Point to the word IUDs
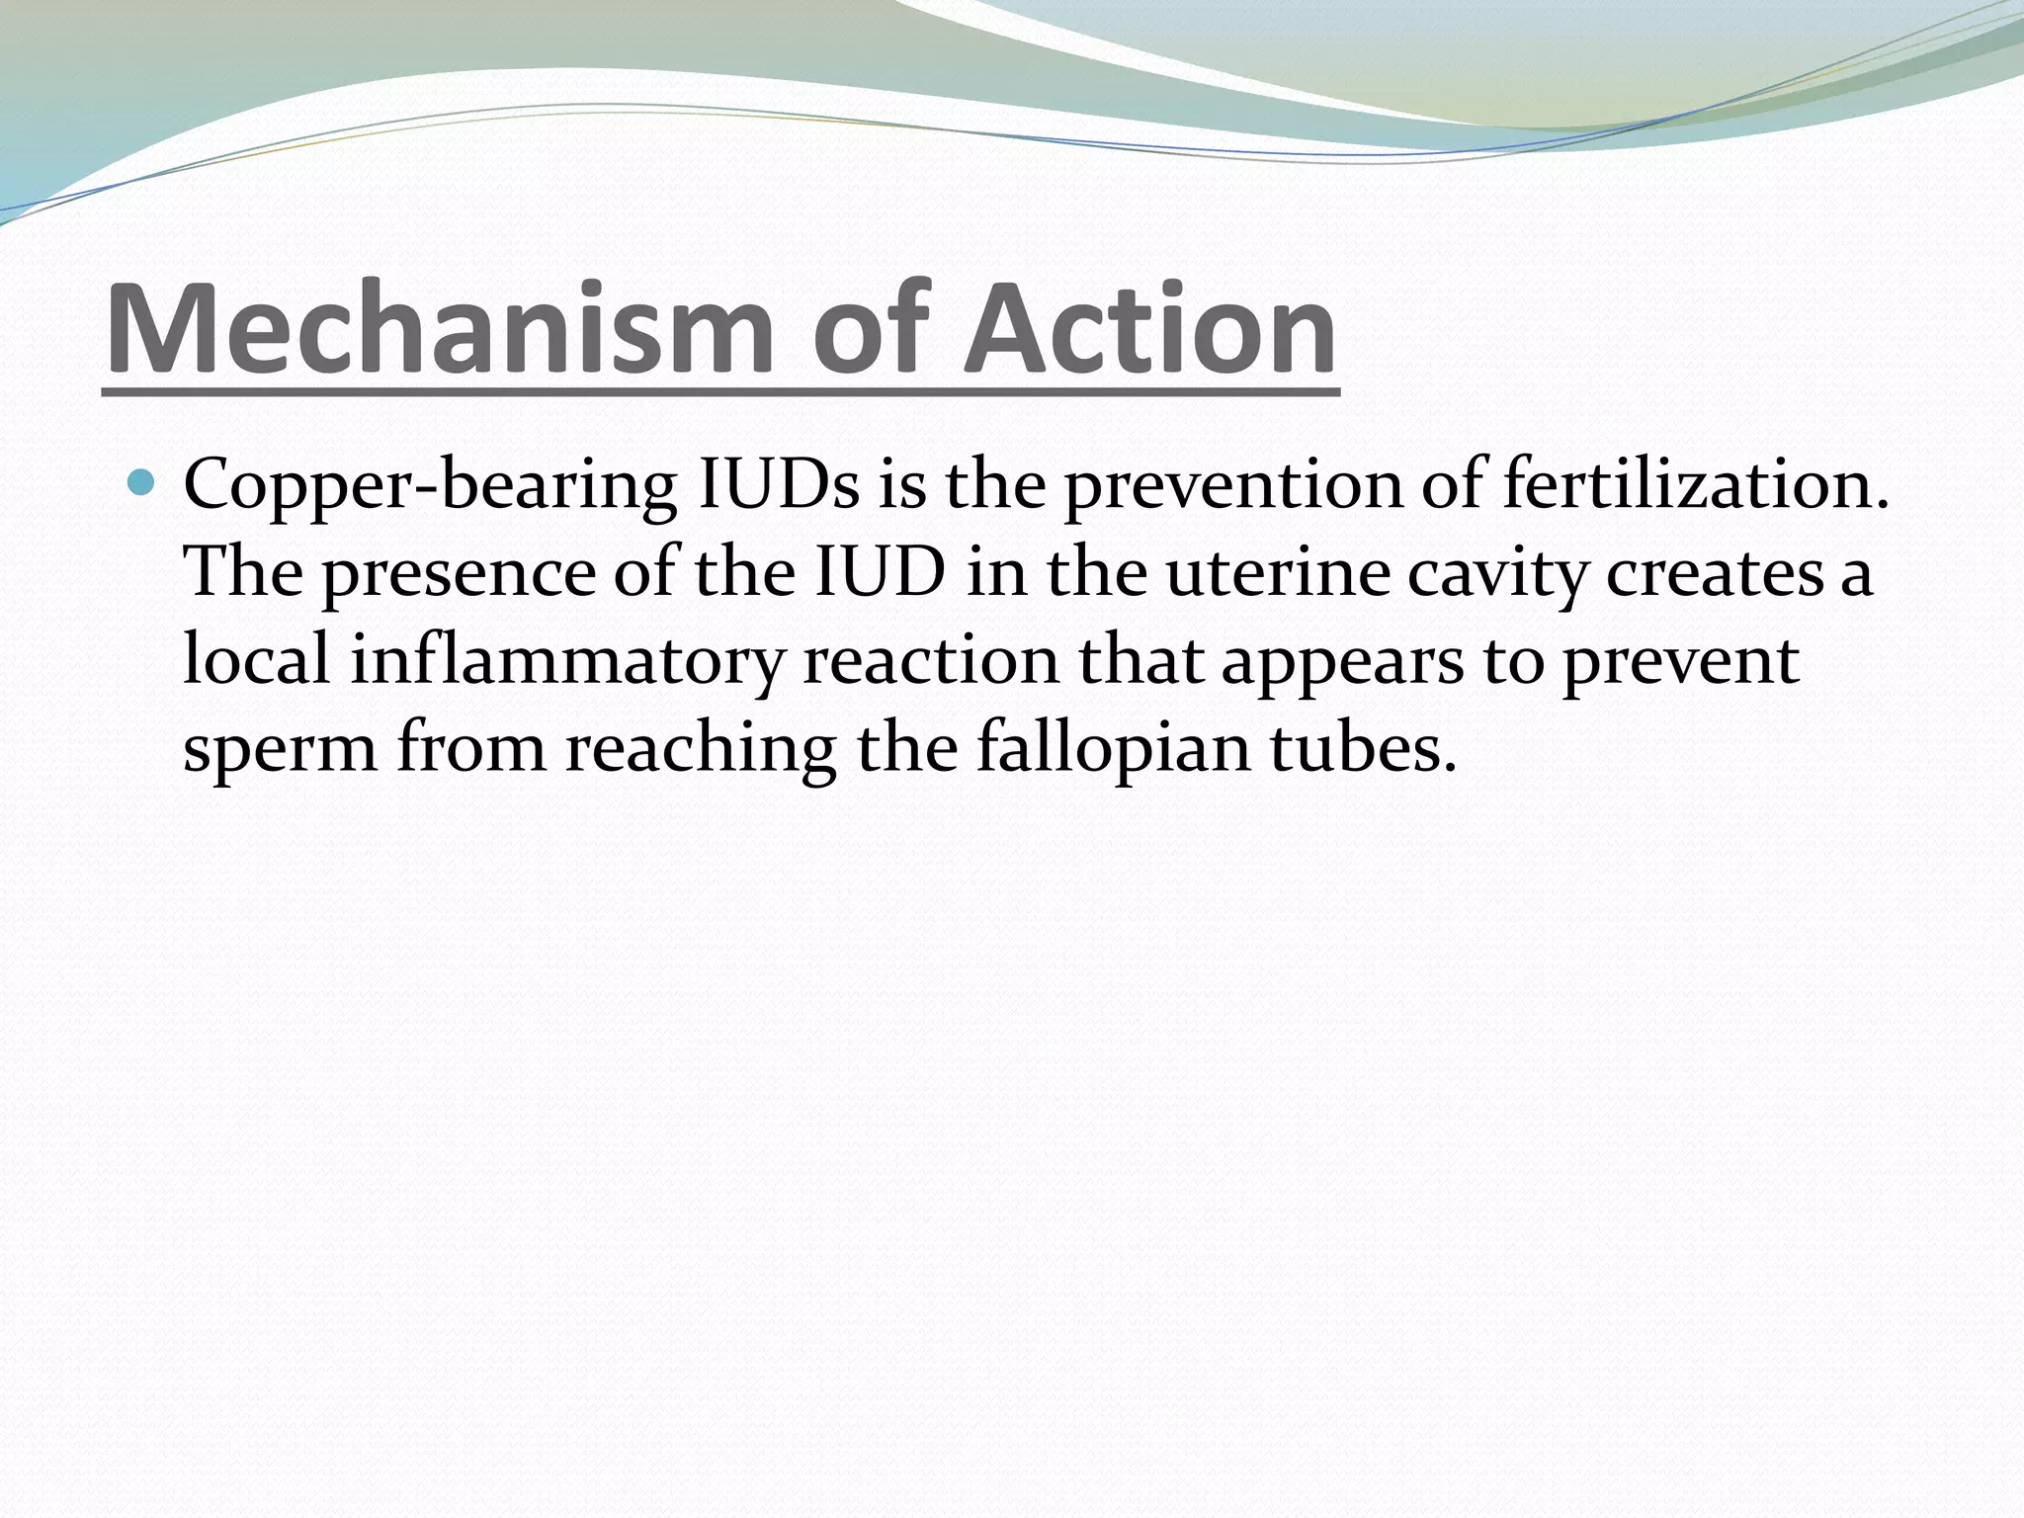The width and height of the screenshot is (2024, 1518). point(778,486)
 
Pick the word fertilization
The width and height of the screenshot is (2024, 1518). point(1696,486)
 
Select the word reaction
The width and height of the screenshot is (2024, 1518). point(930,660)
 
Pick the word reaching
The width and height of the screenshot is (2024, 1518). point(701,747)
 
